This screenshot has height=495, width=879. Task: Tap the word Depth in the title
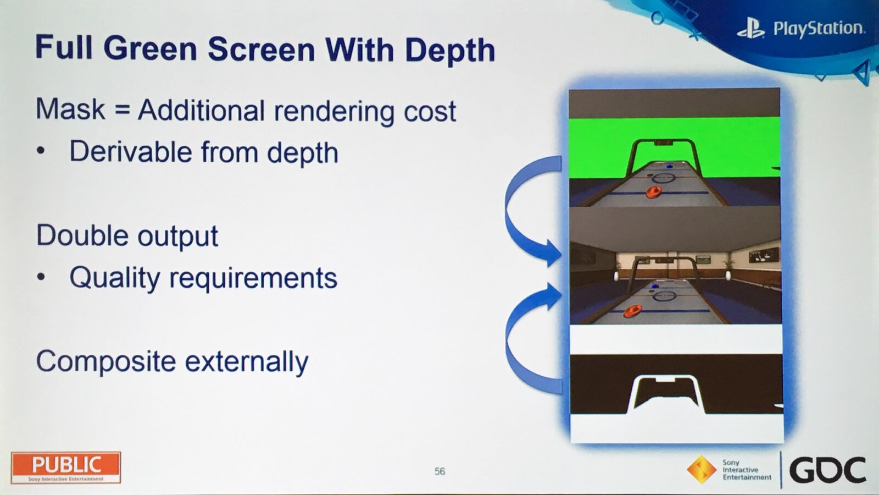[450, 52]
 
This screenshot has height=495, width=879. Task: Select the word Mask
[70, 109]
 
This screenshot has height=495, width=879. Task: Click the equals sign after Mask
[122, 109]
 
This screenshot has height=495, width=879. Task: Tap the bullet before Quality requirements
[41, 277]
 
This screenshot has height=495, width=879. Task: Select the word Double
[82, 235]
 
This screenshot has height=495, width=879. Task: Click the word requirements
[253, 278]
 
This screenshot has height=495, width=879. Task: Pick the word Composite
[106, 362]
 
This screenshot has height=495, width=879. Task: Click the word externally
[247, 362]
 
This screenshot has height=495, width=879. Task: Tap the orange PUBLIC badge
[66, 468]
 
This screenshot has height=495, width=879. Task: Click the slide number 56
[439, 471]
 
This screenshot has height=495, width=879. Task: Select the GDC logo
[827, 470]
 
